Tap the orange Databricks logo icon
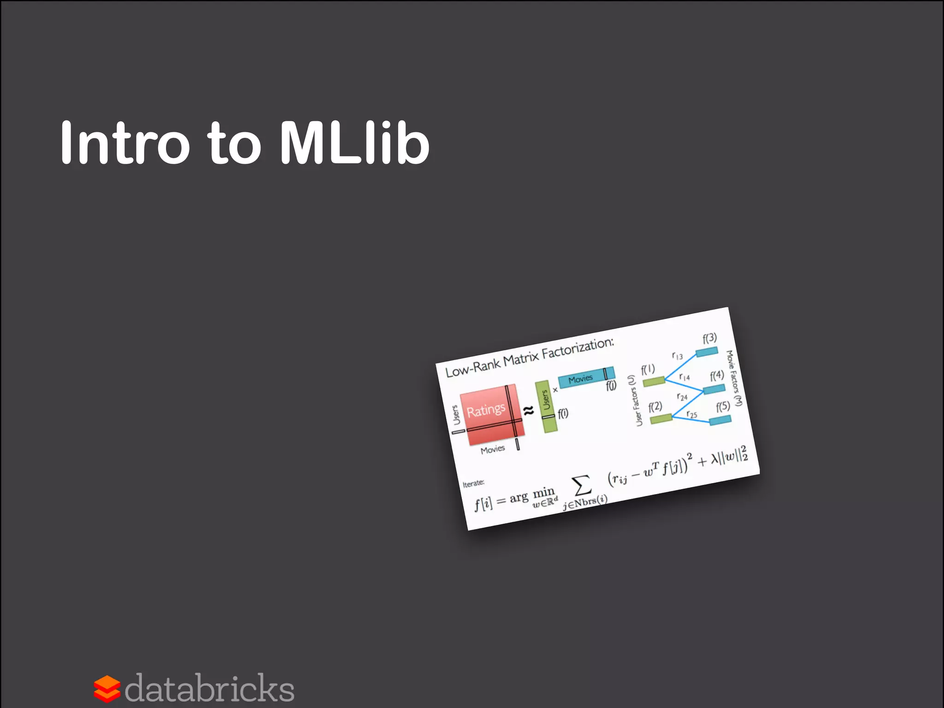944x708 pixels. point(107,689)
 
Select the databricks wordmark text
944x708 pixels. point(210,689)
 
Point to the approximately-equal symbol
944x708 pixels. point(528,410)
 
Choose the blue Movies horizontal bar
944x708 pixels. point(586,377)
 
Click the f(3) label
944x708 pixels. point(710,338)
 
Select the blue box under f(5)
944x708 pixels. point(720,419)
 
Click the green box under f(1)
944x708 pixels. point(654,381)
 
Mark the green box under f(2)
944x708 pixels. point(661,419)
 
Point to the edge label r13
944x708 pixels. point(677,355)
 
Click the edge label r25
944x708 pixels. point(691,414)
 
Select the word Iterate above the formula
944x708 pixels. point(473,483)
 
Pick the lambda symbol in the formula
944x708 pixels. point(715,459)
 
